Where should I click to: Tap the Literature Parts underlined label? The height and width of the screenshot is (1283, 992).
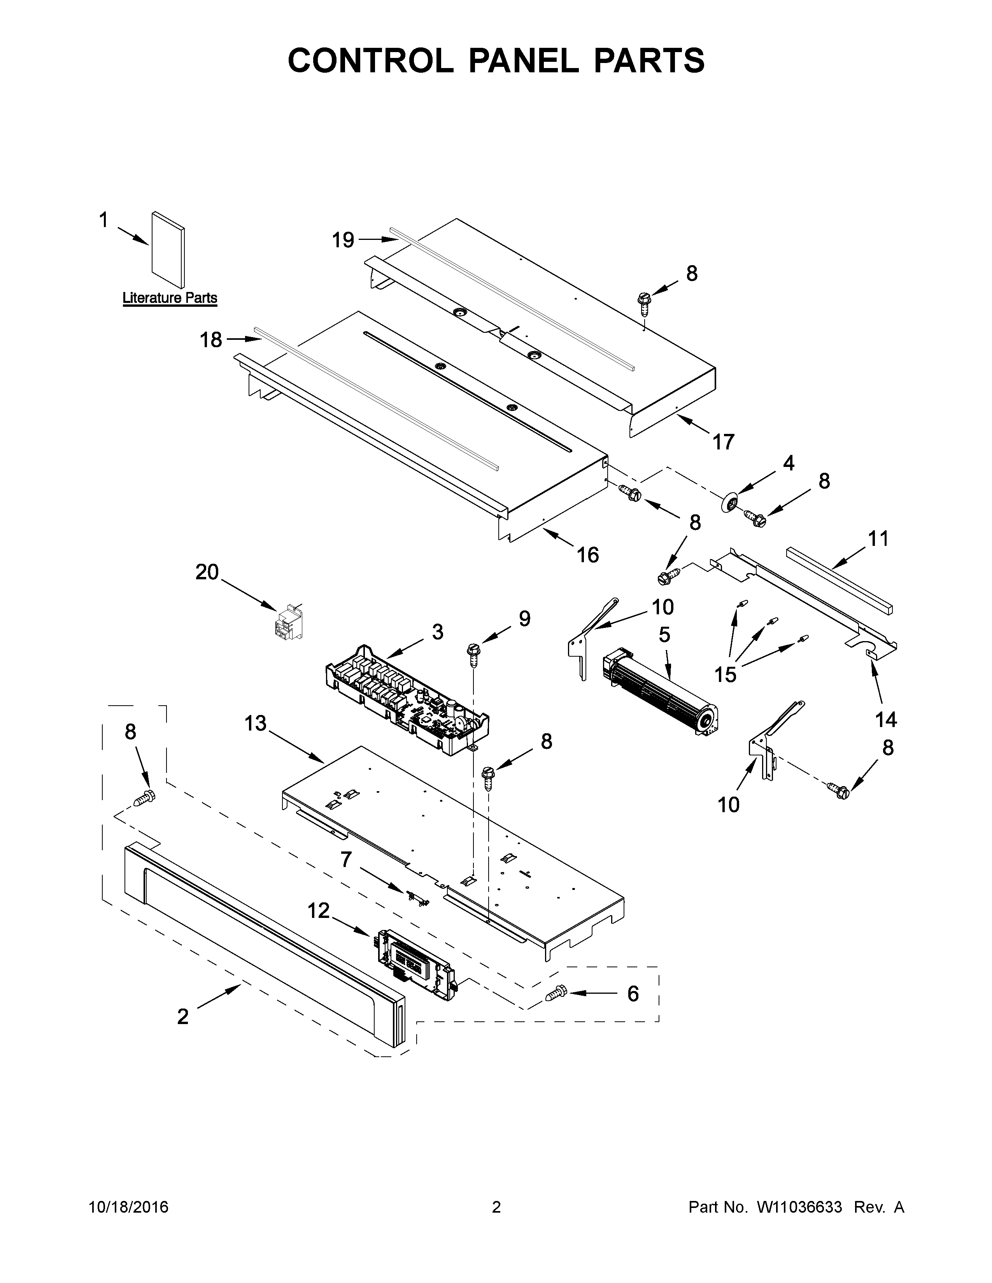170,298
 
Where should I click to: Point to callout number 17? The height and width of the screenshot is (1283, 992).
724,442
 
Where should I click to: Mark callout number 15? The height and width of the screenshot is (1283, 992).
726,675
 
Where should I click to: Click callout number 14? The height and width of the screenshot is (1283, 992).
886,719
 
